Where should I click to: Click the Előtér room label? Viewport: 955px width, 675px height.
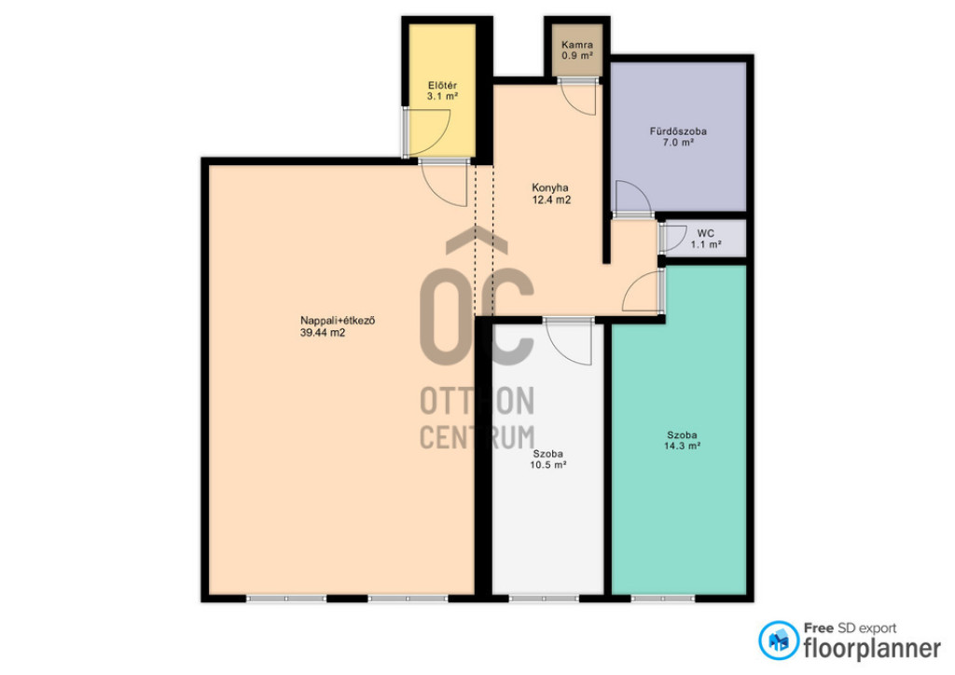pos(442,85)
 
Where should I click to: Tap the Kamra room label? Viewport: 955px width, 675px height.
pos(576,45)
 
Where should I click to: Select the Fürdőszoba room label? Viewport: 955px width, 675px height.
pos(678,131)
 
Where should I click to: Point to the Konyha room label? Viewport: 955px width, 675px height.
pos(550,187)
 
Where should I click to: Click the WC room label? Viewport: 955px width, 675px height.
pos(705,233)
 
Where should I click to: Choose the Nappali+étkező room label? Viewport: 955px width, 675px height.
pos(338,320)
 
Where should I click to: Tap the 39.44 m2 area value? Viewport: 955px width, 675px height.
pos(323,332)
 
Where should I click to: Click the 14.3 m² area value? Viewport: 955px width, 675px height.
pos(682,447)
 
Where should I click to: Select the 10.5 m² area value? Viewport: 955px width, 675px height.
pos(548,465)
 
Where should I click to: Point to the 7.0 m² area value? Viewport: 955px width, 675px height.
pos(678,143)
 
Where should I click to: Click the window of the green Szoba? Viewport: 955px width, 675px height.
pos(663,599)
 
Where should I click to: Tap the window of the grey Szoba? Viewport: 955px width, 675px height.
pos(544,599)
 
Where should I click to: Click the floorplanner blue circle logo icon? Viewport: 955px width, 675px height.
pos(779,641)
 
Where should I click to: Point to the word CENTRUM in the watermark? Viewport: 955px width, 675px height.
pos(477,437)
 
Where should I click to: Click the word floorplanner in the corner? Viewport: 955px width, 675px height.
pos(872,648)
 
